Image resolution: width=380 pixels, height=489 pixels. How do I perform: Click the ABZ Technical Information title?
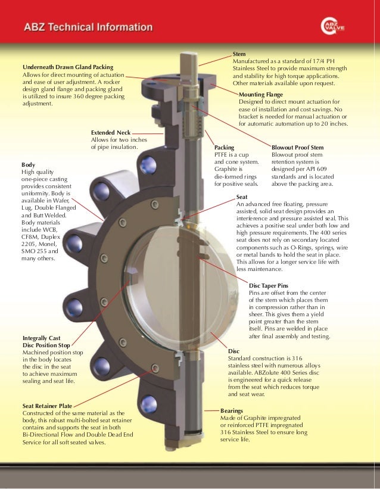pos(88,27)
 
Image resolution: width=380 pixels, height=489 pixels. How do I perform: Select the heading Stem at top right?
pos(239,54)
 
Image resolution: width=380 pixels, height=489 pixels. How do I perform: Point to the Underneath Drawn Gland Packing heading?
pos(68,67)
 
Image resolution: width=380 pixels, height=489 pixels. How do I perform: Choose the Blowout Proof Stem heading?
pos(297,147)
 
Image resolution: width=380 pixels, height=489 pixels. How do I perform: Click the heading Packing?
pos(224,147)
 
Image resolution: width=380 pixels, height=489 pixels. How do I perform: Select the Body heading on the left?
pos(29,164)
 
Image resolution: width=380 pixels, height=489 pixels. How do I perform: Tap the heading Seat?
pos(242,197)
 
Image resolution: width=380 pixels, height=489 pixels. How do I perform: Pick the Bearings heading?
pos(232,411)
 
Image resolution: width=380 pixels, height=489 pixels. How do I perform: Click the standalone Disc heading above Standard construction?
pos(234,351)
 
